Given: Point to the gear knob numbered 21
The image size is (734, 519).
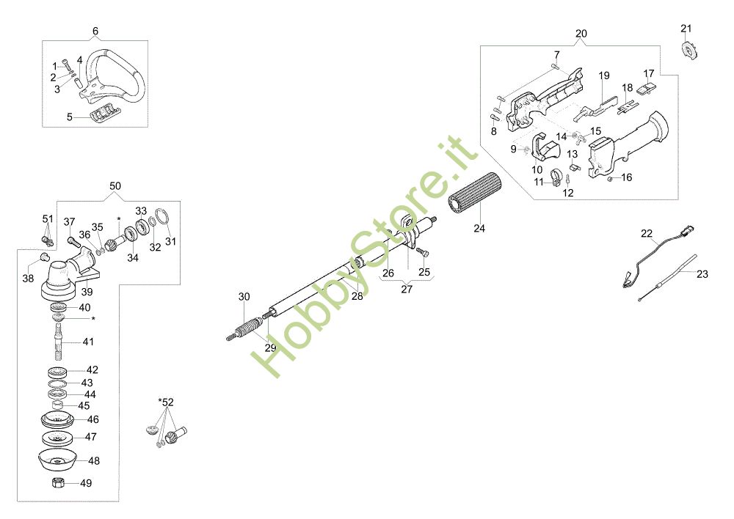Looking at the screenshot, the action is (688, 51).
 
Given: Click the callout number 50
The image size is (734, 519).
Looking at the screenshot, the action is (116, 186).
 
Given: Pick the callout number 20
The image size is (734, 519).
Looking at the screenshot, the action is (581, 34).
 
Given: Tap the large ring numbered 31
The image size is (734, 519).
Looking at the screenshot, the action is (164, 218).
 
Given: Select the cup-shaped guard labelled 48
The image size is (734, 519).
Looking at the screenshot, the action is (58, 463).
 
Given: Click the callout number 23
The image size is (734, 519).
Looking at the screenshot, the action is (702, 275).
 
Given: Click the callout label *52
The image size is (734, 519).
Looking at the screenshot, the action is (166, 402).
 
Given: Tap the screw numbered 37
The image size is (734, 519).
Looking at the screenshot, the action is (73, 240).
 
